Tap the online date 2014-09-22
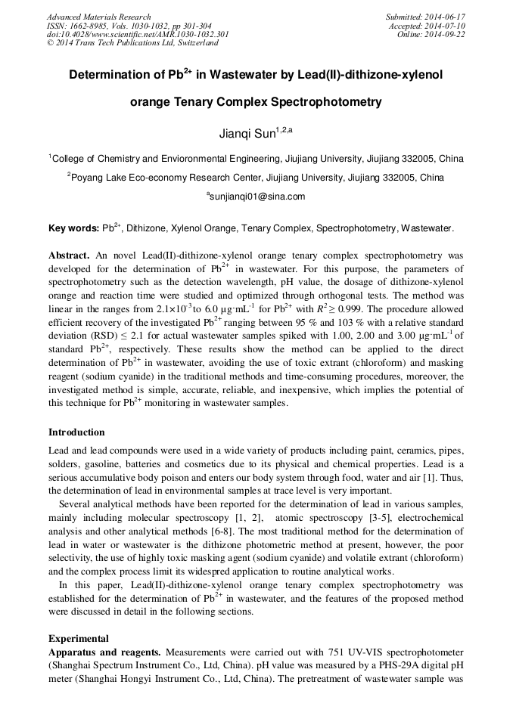(x=447, y=34)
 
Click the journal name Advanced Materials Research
(x=98, y=17)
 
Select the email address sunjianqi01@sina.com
(x=257, y=197)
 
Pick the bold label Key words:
(x=73, y=228)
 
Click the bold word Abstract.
(x=70, y=256)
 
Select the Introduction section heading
(x=76, y=432)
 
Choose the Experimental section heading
(x=79, y=638)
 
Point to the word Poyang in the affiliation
(x=89, y=178)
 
